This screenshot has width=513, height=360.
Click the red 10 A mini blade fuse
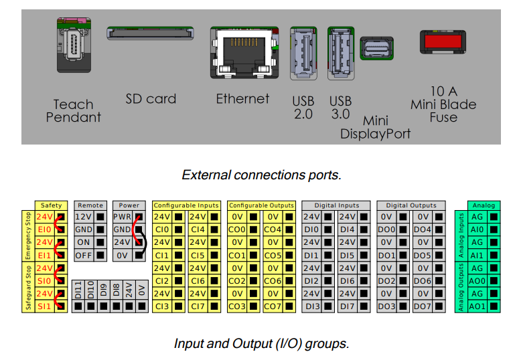click(x=444, y=41)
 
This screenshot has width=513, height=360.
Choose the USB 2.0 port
click(x=303, y=52)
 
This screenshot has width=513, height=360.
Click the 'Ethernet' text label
click(x=242, y=99)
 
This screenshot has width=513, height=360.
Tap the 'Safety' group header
click(x=52, y=205)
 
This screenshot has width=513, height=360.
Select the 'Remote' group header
click(x=90, y=205)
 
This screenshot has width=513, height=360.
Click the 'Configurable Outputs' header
click(x=260, y=205)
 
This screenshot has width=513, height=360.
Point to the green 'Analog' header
click(x=484, y=205)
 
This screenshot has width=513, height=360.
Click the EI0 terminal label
click(x=44, y=230)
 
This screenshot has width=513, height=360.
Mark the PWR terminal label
click(x=122, y=217)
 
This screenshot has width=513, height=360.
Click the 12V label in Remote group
click(x=82, y=217)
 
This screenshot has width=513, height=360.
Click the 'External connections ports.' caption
click(x=261, y=175)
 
